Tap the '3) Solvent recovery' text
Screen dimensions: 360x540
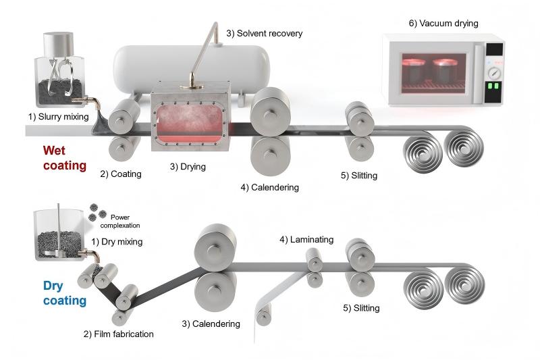point(264,33)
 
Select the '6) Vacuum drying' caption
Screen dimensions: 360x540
point(443,23)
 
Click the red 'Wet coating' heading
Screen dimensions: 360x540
point(65,157)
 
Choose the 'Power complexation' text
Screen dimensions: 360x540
point(124,221)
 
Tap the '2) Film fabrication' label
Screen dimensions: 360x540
point(118,334)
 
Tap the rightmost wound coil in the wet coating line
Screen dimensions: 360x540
point(465,147)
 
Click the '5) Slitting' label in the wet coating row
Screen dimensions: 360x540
point(359,176)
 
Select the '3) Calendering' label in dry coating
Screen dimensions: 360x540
point(211,324)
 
